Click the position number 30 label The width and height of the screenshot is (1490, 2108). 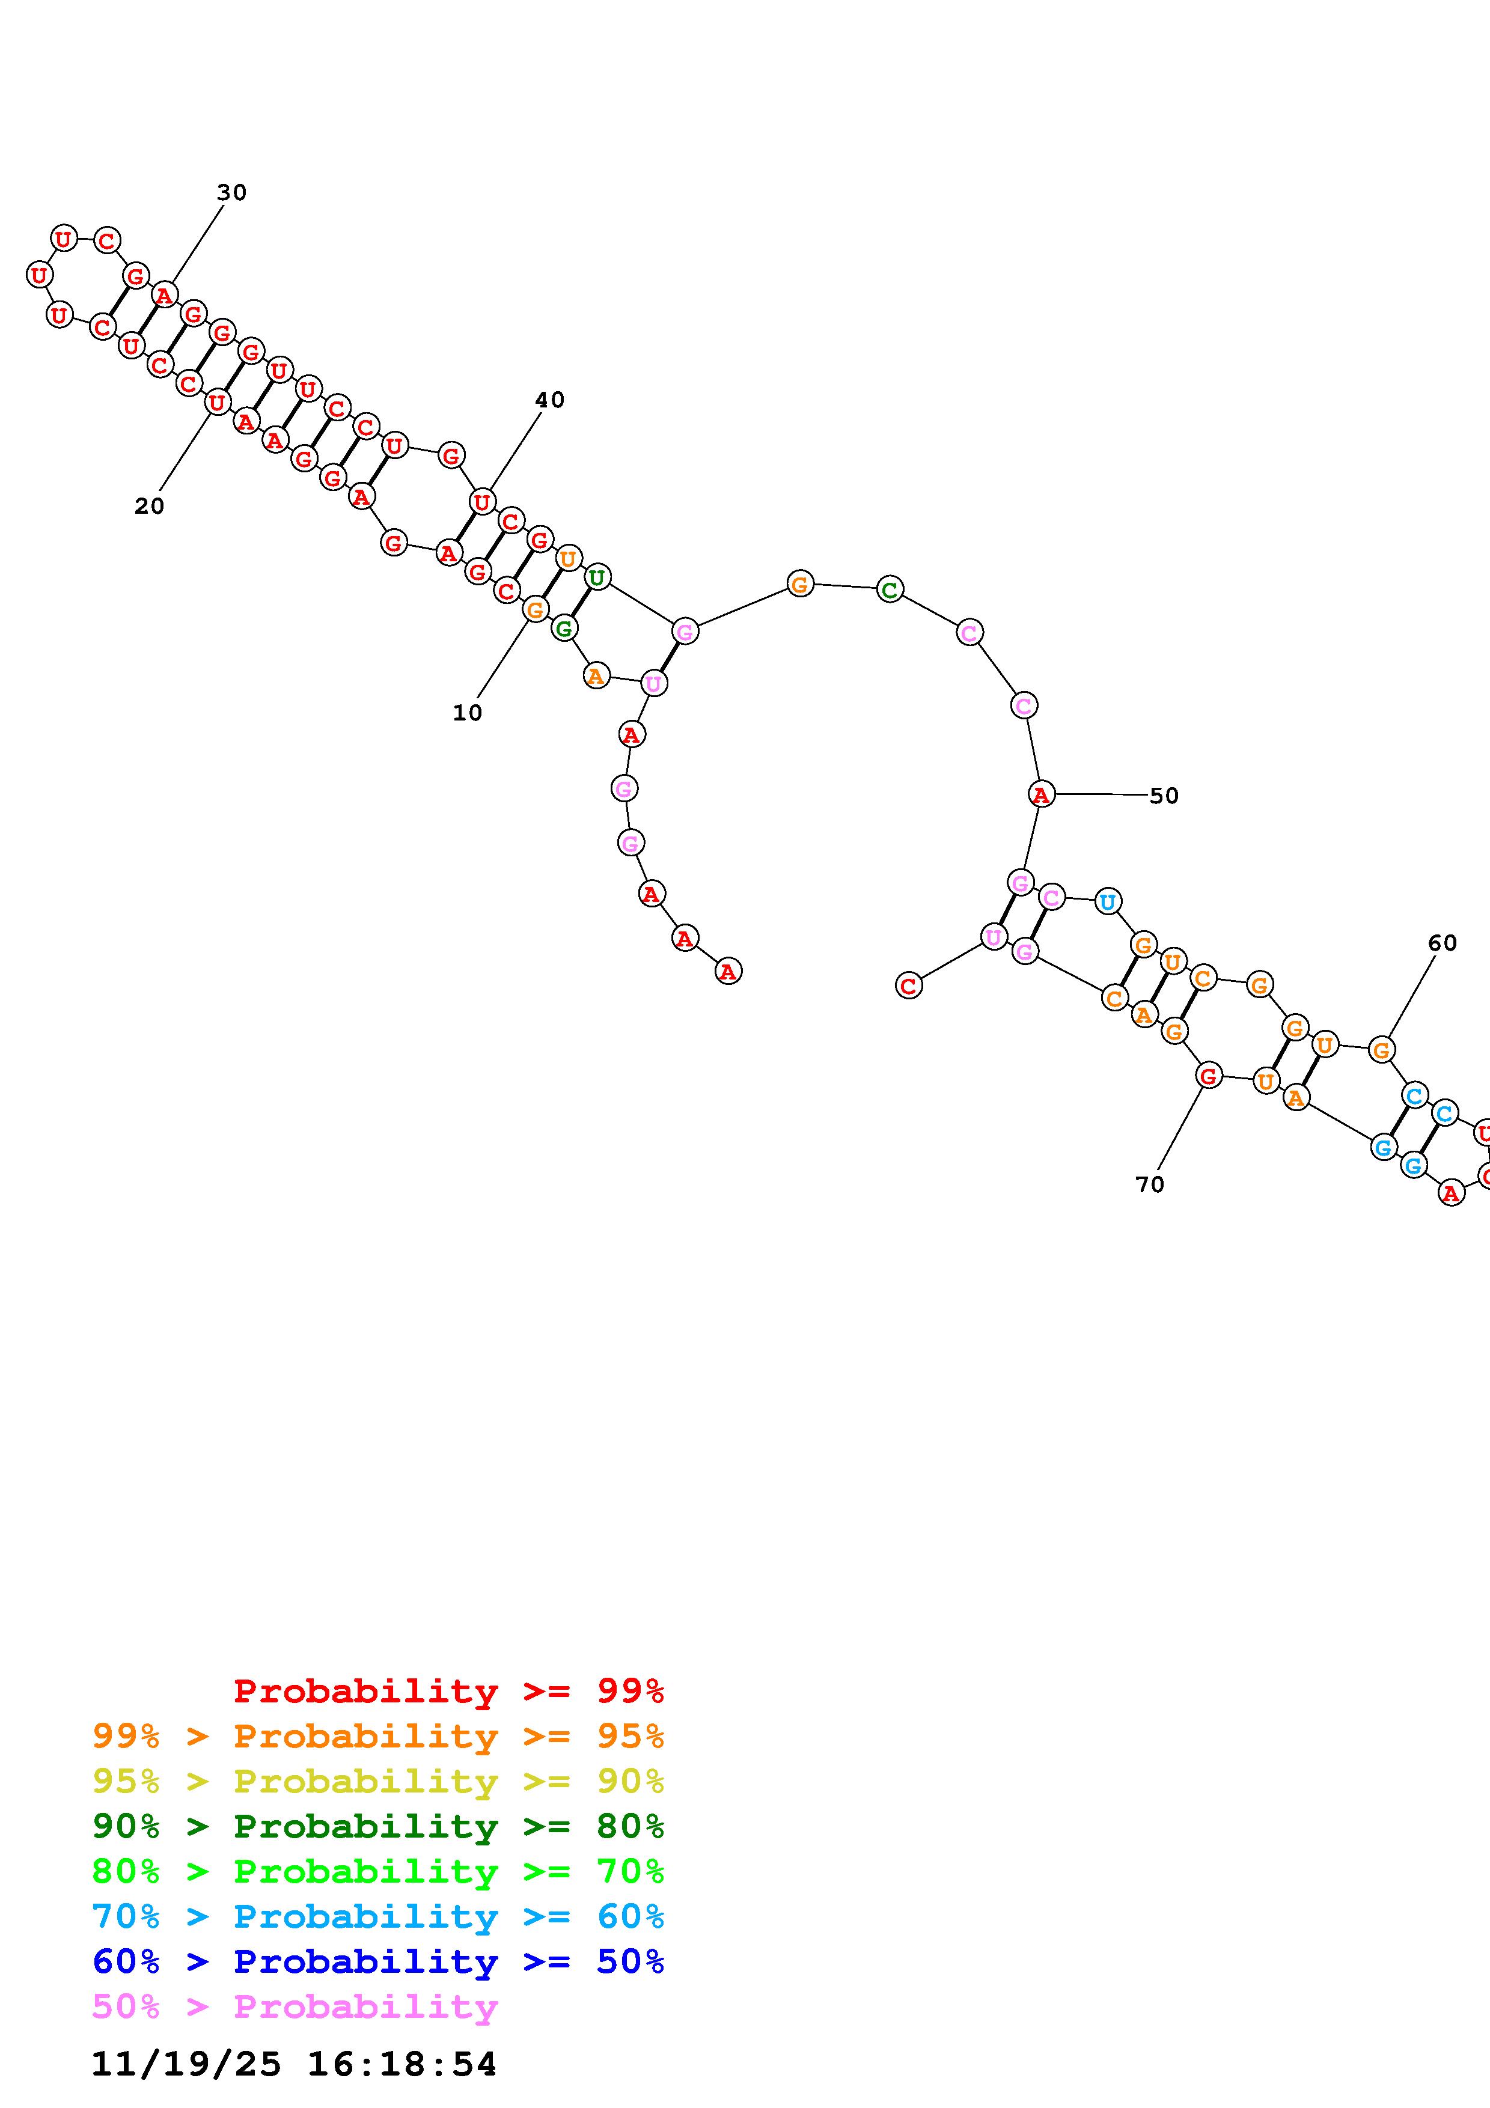point(231,193)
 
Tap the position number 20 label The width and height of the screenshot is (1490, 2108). point(150,506)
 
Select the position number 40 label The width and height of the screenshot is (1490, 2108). point(550,400)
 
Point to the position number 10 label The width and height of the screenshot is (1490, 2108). point(467,713)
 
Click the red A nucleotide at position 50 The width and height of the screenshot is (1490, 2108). point(1040,794)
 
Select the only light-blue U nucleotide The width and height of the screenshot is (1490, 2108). point(1108,901)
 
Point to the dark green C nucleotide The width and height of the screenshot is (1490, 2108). point(889,589)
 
